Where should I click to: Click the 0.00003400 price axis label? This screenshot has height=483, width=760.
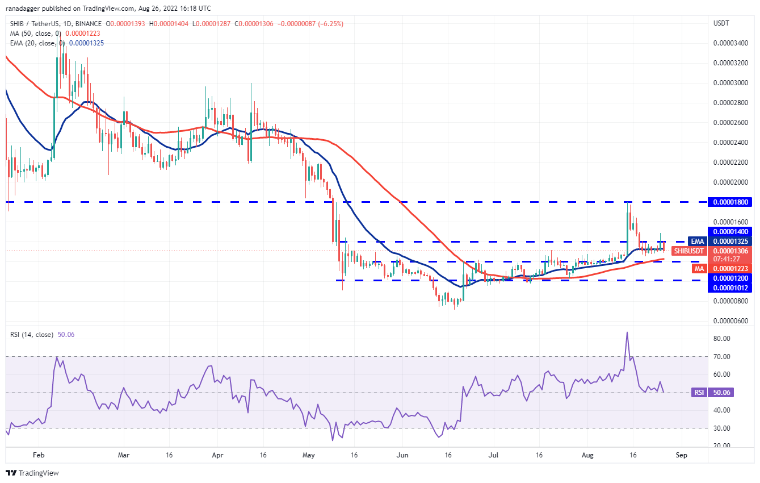(x=729, y=43)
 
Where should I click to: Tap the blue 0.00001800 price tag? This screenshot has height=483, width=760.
(x=729, y=202)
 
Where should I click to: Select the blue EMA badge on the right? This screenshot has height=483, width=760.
(x=696, y=241)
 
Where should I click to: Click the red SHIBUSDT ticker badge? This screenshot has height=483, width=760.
(x=688, y=251)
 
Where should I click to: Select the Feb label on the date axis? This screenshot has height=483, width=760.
(x=38, y=455)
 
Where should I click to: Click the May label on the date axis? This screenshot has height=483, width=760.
(x=308, y=455)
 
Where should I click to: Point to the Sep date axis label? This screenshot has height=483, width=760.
(x=682, y=455)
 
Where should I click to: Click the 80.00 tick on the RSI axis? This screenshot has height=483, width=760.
(x=722, y=339)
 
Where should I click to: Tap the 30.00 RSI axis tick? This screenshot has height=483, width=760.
(x=722, y=428)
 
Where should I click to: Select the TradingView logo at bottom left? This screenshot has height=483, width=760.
(x=32, y=473)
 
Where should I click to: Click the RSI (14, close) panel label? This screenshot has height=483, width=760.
(x=31, y=335)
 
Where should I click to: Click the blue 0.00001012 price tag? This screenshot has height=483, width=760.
(x=729, y=288)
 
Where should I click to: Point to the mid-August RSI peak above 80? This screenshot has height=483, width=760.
(x=627, y=332)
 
